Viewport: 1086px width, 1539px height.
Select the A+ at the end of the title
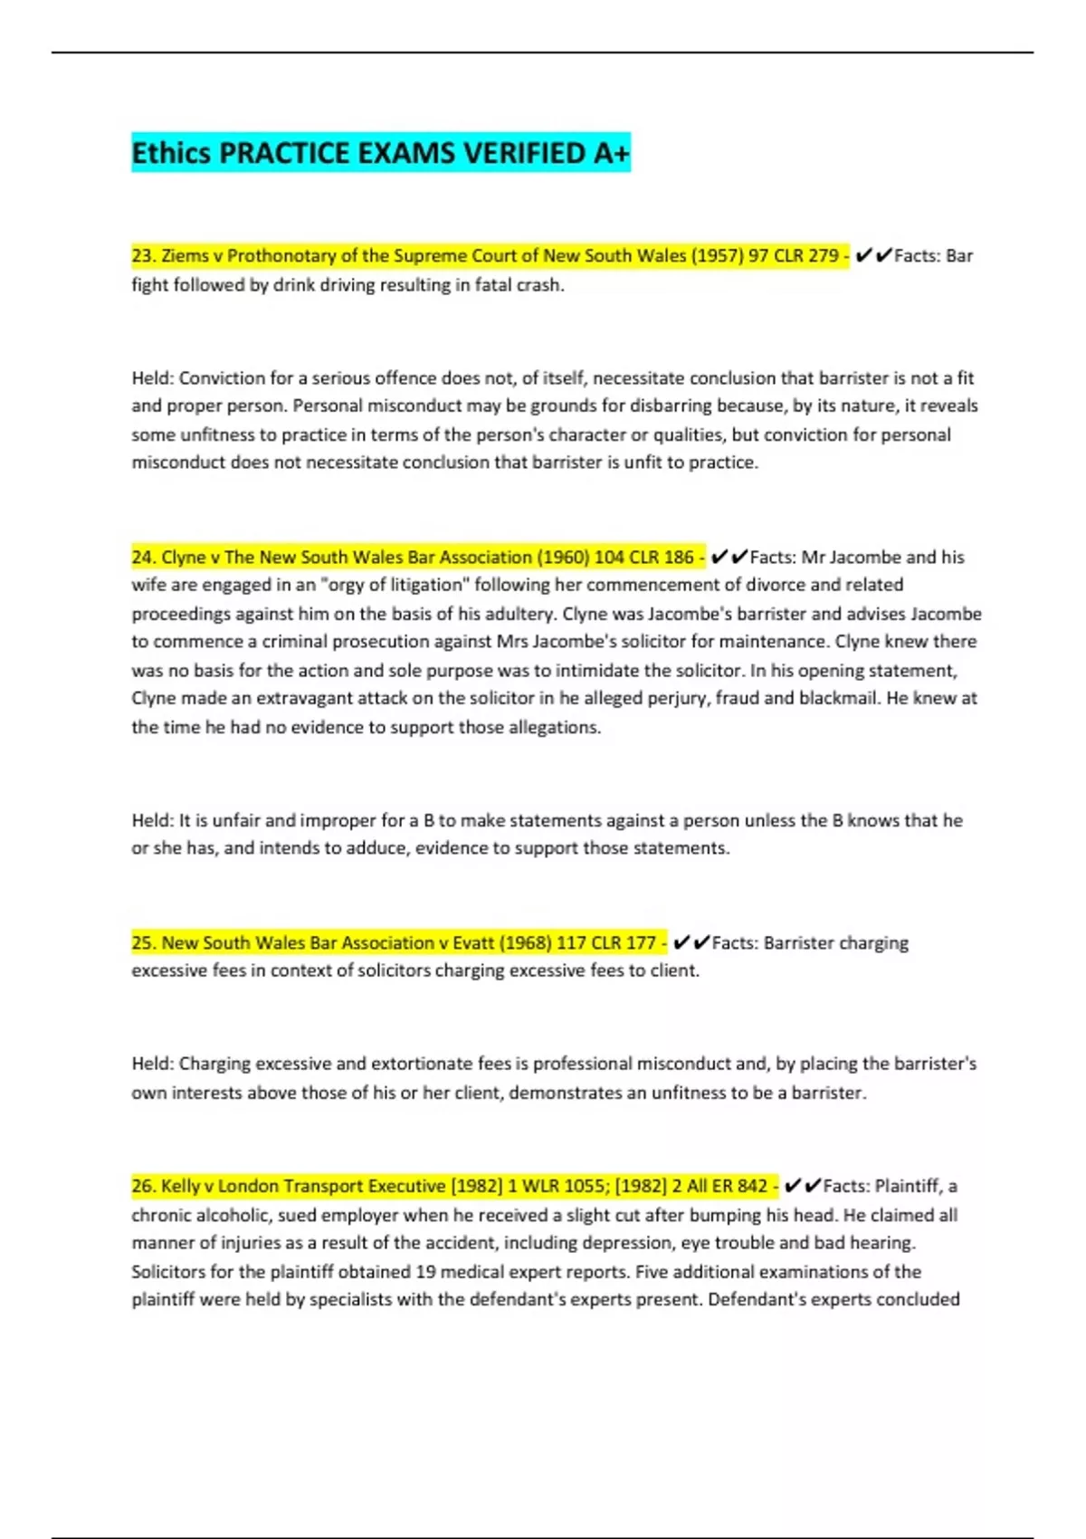[x=611, y=153]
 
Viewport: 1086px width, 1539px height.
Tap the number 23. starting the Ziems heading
[x=144, y=255]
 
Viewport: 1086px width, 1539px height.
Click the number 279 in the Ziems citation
[x=823, y=255]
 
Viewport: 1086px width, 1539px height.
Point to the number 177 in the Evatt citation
[x=640, y=942]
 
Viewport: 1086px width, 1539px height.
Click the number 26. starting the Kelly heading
[x=144, y=1186]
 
